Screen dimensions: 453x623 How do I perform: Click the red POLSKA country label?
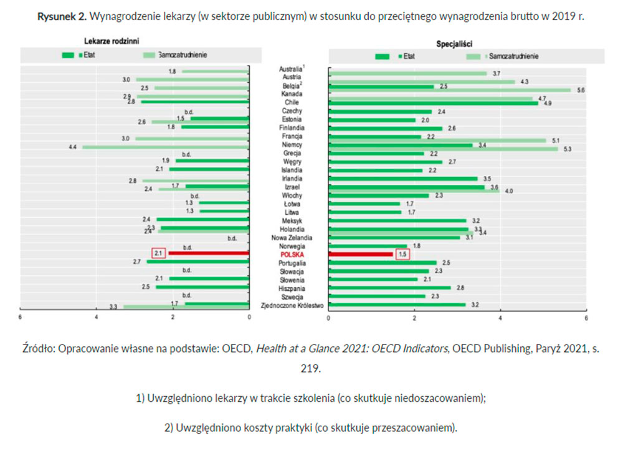(x=292, y=255)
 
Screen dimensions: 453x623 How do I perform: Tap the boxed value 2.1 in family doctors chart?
(x=158, y=253)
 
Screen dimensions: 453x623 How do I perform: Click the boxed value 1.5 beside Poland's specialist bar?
(x=402, y=255)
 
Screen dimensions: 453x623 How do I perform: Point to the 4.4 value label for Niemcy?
(x=73, y=147)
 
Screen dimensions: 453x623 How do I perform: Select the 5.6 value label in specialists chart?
(x=581, y=90)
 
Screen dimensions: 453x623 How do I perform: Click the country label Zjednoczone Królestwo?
(x=292, y=306)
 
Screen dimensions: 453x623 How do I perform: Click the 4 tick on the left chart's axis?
(x=97, y=317)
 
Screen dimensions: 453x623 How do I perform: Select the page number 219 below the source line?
(x=311, y=368)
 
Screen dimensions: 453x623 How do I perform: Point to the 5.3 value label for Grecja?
(x=567, y=149)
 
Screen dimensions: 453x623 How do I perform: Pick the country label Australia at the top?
(x=290, y=68)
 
